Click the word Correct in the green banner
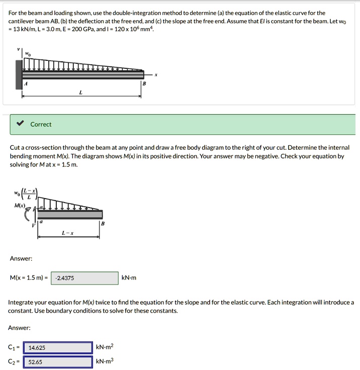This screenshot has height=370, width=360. click(41, 124)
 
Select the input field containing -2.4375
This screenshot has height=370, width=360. click(84, 278)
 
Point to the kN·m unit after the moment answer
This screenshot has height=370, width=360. click(129, 278)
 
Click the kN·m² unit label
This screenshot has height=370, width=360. click(105, 347)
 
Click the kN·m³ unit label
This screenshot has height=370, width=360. click(105, 361)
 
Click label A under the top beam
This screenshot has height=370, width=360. click(26, 84)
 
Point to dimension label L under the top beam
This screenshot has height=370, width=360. click(80, 92)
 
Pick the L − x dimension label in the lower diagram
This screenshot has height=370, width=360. click(67, 232)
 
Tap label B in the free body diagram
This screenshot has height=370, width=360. click(103, 223)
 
